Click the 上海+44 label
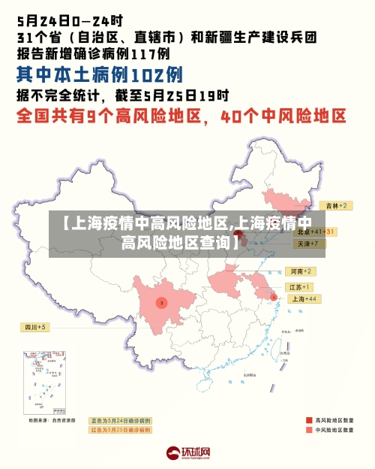[304, 298]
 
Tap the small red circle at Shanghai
[274, 298]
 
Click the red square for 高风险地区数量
[309, 420]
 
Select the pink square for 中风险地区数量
[309, 431]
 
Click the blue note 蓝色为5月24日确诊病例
[120, 420]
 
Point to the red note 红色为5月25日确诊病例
[120, 430]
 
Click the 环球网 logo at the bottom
[187, 453]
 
